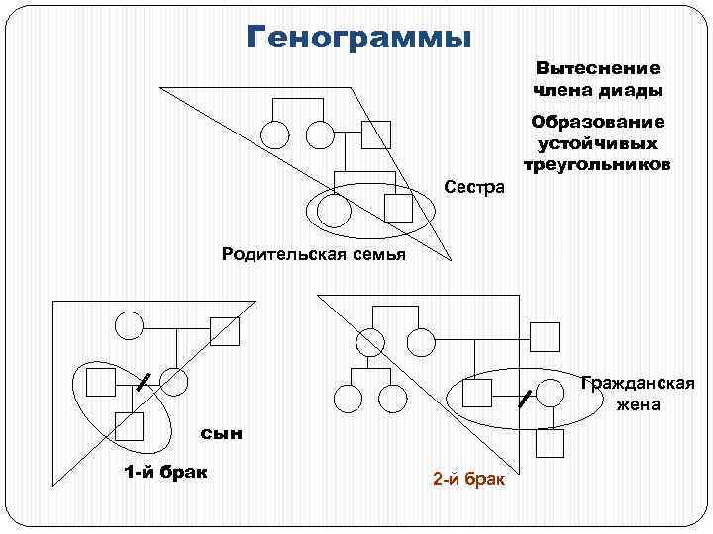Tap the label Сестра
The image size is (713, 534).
[474, 187]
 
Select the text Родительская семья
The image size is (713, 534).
[314, 255]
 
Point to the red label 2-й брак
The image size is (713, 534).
[468, 480]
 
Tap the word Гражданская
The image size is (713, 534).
[638, 384]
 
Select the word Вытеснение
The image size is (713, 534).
[597, 68]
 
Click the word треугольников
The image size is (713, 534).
[597, 163]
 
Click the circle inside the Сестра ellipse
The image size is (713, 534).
[334, 209]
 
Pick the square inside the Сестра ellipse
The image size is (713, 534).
[398, 208]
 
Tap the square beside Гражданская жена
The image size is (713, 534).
[479, 395]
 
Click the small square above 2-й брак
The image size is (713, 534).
[550, 444]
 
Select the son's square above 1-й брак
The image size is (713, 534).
[129, 426]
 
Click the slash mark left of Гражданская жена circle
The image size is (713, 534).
[526, 399]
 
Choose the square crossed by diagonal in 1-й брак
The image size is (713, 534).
[225, 330]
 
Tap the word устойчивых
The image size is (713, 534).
[597, 142]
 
